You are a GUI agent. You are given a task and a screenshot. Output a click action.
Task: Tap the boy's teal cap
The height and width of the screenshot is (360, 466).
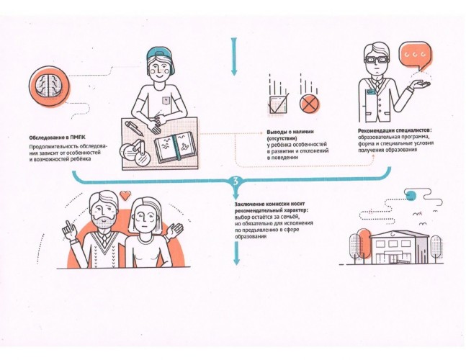[x=161, y=57]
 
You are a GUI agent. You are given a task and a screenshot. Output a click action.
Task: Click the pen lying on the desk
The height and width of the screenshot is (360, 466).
[x=135, y=128]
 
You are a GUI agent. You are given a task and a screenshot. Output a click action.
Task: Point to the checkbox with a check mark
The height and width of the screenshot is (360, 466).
[x=279, y=104]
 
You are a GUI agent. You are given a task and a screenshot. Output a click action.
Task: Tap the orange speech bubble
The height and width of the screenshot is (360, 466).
[x=415, y=56]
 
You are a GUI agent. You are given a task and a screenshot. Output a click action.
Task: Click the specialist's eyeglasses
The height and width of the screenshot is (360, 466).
[x=377, y=60]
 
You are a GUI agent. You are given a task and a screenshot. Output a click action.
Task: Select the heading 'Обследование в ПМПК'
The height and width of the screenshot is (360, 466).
[x=57, y=138]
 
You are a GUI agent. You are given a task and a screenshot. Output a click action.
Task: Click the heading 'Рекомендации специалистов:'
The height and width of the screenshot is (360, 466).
[x=394, y=131]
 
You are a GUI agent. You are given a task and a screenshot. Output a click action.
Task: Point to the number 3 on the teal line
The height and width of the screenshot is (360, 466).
[x=236, y=181]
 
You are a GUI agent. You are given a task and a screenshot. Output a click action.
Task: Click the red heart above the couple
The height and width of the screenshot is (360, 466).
[x=125, y=195]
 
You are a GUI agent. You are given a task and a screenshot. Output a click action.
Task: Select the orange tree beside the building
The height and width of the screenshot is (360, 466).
[x=363, y=242]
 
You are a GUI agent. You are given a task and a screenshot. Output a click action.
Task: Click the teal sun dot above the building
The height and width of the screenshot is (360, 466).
[x=411, y=194]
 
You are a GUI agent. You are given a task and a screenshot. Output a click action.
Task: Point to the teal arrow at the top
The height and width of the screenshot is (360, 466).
[x=234, y=56]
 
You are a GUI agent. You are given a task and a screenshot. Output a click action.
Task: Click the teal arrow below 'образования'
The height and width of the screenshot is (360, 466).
[x=236, y=253]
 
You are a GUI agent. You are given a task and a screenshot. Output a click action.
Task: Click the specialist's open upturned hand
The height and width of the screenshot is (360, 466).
[x=419, y=85]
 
